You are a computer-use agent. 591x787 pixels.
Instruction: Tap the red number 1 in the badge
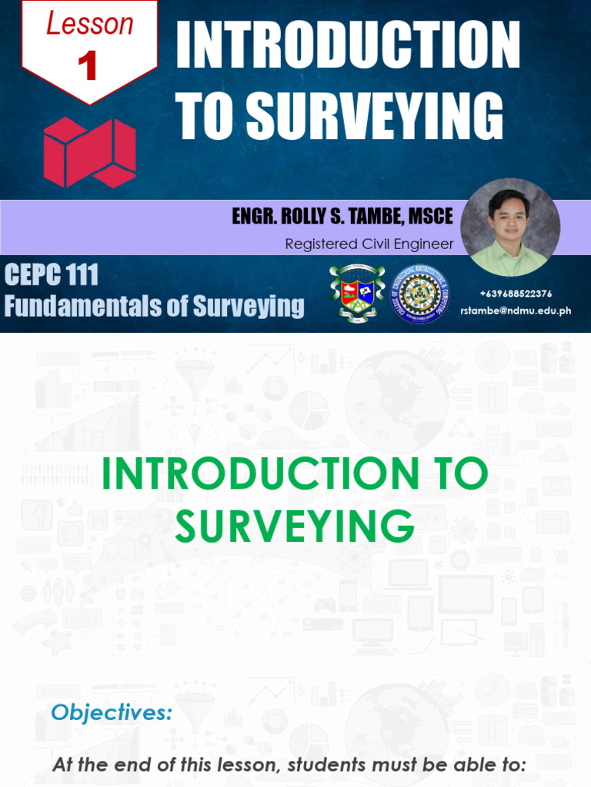[x=88, y=66]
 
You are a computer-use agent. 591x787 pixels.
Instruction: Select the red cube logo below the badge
[x=89, y=151]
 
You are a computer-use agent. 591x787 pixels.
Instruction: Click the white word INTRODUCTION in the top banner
[x=348, y=46]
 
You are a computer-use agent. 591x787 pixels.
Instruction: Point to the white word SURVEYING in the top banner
[x=375, y=117]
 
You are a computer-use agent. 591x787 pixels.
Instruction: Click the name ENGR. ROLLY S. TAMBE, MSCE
[x=342, y=217]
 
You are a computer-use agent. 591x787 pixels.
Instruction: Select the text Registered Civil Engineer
[x=369, y=244]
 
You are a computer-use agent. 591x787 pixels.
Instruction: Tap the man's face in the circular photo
[x=510, y=218]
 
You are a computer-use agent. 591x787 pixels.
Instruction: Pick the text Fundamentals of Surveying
[x=154, y=306]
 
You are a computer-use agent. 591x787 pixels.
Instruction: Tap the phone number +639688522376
[x=516, y=294]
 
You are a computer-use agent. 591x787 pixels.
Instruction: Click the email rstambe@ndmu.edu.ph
[x=516, y=310]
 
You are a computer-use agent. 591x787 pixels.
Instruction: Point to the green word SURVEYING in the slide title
[x=295, y=527]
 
